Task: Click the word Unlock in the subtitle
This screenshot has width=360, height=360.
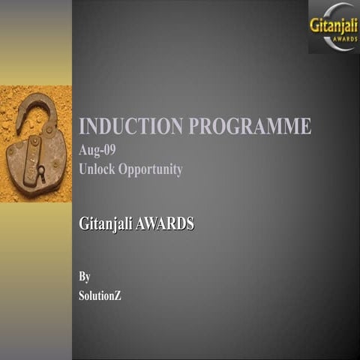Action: pyautogui.click(x=97, y=169)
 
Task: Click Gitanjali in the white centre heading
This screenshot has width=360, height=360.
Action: pyautogui.click(x=106, y=223)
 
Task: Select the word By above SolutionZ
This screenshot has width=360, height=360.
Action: pyautogui.click(x=85, y=276)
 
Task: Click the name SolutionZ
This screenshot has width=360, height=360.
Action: pyautogui.click(x=100, y=295)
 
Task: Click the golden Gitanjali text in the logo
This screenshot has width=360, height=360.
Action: pyautogui.click(x=333, y=24)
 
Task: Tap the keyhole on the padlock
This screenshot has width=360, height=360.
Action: pyautogui.click(x=40, y=172)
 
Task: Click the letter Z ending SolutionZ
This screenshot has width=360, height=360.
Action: pyautogui.click(x=117, y=295)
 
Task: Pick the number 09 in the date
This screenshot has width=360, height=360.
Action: pyautogui.click(x=109, y=149)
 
